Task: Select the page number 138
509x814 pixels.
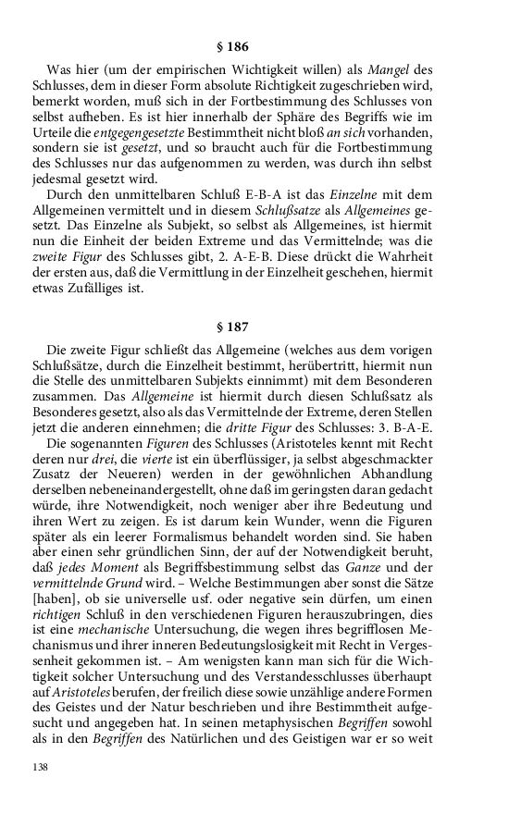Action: click(40, 767)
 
